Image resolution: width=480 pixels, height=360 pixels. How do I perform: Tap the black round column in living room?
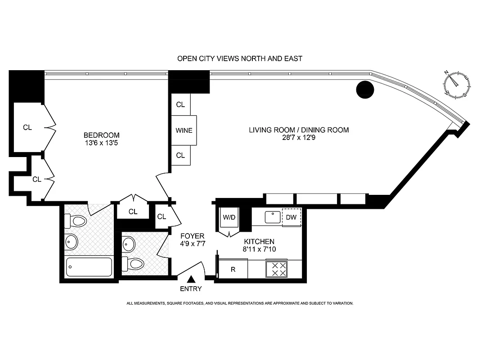coord(365,90)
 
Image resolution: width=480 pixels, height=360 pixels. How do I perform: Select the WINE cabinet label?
coord(184,130)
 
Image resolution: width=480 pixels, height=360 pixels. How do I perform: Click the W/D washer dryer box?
coord(229,217)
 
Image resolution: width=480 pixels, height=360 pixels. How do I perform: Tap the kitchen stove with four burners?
coord(276,270)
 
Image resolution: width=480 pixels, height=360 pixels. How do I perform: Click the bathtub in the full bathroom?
coord(89,267)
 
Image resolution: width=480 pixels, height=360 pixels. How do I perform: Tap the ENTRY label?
coord(191,289)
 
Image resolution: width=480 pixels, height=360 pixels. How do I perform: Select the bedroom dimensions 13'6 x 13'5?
coord(102,144)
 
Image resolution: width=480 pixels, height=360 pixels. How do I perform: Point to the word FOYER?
coord(192,236)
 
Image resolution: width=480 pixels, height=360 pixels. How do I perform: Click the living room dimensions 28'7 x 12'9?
coord(299,139)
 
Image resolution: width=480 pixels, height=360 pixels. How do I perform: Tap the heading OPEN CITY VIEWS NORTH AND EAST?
coord(239,58)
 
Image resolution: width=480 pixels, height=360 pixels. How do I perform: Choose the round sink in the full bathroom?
coord(71,242)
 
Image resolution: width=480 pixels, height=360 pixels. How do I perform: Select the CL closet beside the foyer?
coord(162,216)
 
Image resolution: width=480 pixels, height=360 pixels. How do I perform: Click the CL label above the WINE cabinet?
coord(180,105)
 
